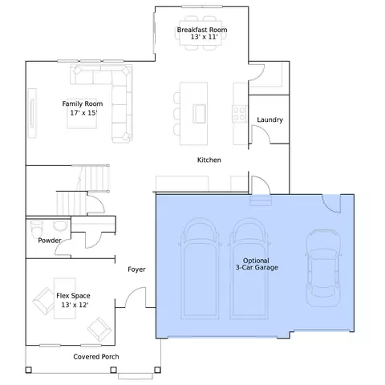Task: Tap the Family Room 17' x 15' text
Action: tap(83, 108)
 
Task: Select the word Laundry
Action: tap(269, 120)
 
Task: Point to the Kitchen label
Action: tap(209, 160)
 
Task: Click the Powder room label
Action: tap(50, 241)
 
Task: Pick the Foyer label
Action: tap(136, 269)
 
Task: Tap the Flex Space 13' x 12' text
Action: tap(74, 300)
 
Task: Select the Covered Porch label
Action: tap(96, 357)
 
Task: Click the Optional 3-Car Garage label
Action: tap(257, 264)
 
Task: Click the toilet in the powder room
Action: tap(37, 229)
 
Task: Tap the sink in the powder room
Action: tap(59, 226)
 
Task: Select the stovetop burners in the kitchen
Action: tap(239, 114)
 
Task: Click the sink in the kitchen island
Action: tap(200, 114)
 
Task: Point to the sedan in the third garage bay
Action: tap(323, 268)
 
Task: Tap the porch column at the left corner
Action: tap(28, 370)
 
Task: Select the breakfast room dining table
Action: tap(201, 33)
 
